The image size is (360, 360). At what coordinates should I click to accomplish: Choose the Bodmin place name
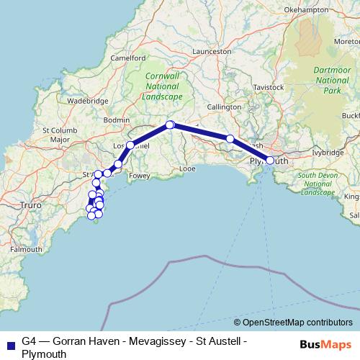click(x=117, y=119)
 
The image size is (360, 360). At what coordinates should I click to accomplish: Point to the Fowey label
click(x=139, y=174)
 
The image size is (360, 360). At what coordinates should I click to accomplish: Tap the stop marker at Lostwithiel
click(x=130, y=145)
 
